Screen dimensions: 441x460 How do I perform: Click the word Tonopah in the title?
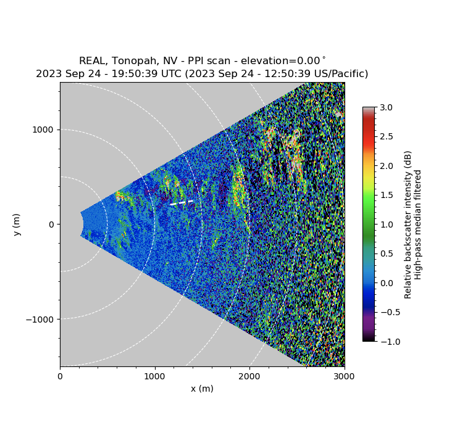click(x=136, y=61)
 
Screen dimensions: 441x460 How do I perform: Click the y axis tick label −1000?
click(x=39, y=319)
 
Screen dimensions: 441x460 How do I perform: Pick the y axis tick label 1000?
click(x=43, y=130)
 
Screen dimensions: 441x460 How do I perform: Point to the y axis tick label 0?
click(x=51, y=225)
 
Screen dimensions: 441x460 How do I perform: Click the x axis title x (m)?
click(x=202, y=389)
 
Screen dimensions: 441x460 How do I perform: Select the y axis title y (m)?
click(x=17, y=225)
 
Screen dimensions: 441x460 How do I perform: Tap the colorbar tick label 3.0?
click(x=385, y=107)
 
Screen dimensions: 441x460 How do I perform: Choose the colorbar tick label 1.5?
click(x=385, y=195)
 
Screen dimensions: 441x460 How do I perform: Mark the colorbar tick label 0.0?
click(x=385, y=282)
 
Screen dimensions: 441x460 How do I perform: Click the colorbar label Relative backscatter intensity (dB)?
click(x=408, y=225)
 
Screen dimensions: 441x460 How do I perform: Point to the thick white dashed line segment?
click(x=182, y=202)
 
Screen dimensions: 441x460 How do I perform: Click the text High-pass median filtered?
click(x=418, y=225)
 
